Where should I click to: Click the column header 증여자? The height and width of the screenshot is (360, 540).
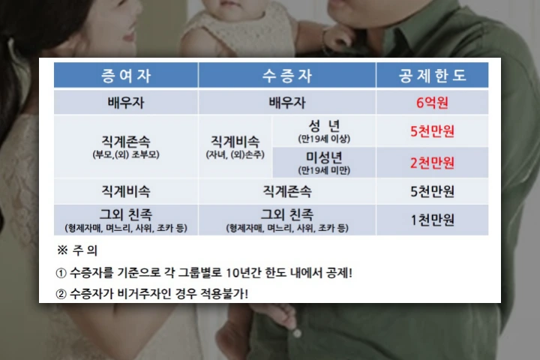(126, 76)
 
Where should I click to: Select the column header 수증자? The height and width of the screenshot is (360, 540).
(286, 76)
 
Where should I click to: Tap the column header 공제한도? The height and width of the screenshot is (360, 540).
(432, 76)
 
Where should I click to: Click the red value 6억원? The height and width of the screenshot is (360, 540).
(432, 103)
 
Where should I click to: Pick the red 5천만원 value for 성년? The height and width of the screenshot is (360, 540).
(432, 131)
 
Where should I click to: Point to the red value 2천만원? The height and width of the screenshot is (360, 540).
(432, 163)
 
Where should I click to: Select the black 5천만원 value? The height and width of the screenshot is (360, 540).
(432, 191)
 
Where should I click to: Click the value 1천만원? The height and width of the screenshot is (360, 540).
(432, 220)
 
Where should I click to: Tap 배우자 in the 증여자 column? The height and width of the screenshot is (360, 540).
(126, 103)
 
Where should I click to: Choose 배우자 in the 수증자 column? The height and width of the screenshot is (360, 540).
(286, 103)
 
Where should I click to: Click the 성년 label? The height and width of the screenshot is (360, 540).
(324, 126)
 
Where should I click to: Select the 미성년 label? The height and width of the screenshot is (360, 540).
(324, 157)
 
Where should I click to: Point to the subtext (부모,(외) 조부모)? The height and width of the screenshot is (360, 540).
(126, 154)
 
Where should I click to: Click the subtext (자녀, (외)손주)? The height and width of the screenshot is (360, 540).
(235, 154)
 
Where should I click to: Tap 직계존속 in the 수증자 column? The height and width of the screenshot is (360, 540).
(286, 191)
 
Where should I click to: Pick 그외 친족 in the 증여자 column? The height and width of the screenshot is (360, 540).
(126, 214)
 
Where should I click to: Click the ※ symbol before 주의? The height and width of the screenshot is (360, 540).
(62, 250)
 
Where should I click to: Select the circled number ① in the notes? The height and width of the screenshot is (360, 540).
(61, 274)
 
